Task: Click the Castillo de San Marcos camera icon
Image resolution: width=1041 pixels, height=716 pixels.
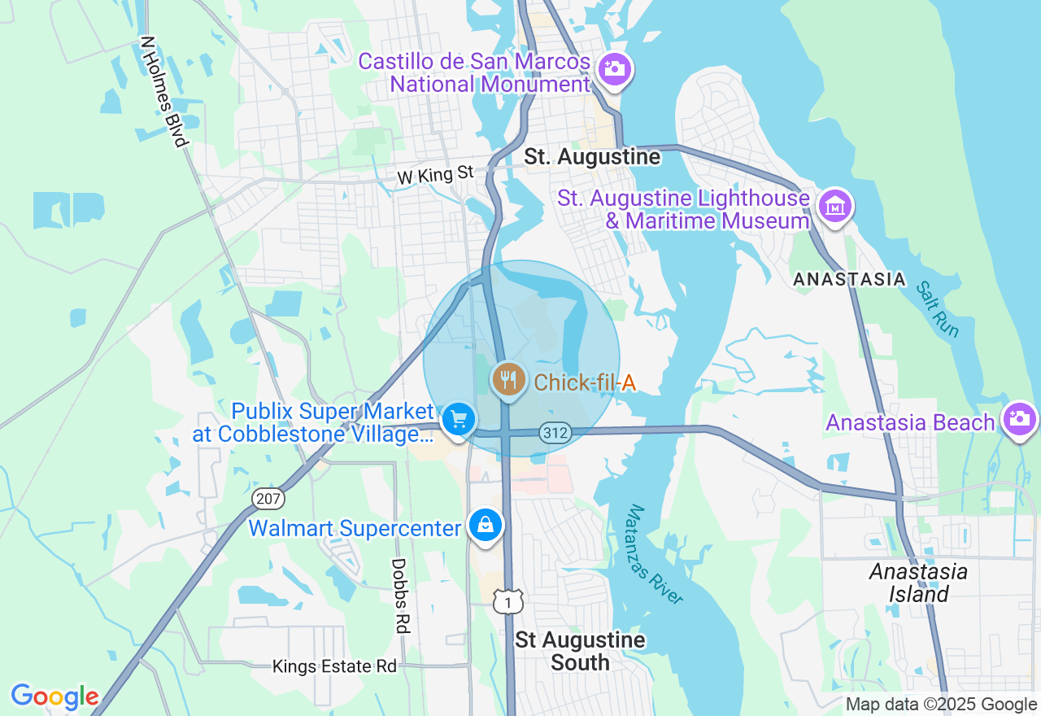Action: tap(615, 68)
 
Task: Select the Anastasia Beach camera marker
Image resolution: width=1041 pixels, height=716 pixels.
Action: tap(1020, 419)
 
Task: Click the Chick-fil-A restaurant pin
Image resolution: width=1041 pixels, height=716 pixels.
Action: tap(509, 380)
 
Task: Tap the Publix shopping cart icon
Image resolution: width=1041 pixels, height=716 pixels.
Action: tap(459, 421)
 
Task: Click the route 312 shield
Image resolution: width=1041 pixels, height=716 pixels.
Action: tap(555, 433)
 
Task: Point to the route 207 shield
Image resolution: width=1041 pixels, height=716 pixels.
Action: tap(267, 497)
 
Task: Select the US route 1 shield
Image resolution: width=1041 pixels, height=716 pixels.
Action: tap(508, 601)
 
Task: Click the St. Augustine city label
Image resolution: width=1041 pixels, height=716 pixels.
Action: tap(592, 157)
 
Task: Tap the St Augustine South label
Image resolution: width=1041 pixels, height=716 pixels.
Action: tap(580, 651)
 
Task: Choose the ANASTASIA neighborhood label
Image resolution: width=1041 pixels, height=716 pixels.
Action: tap(849, 279)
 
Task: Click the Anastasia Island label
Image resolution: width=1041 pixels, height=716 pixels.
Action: tap(918, 583)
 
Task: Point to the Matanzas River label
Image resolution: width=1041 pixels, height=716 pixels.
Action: tap(655, 555)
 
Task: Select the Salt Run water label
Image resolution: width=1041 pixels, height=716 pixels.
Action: tap(938, 309)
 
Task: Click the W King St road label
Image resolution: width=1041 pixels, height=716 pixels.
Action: tap(435, 175)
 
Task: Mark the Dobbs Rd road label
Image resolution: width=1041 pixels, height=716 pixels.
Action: tap(399, 595)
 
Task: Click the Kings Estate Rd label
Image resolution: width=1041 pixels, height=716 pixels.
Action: tap(334, 666)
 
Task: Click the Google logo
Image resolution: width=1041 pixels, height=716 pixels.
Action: tap(54, 696)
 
